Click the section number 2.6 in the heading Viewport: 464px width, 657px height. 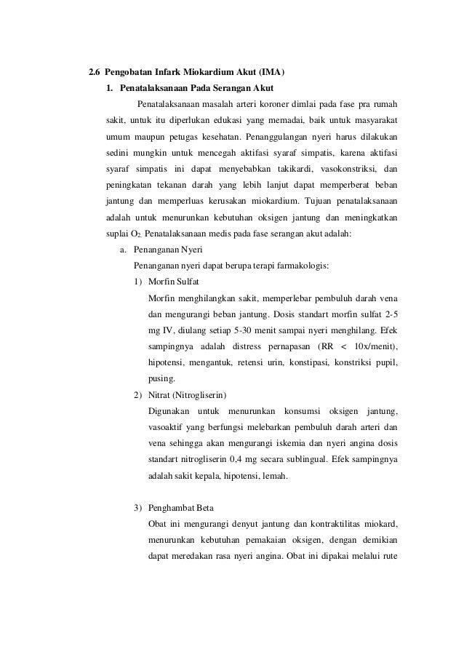pos(95,73)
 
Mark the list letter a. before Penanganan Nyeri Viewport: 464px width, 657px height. pos(123,249)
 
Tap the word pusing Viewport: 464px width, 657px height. pos(161,378)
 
